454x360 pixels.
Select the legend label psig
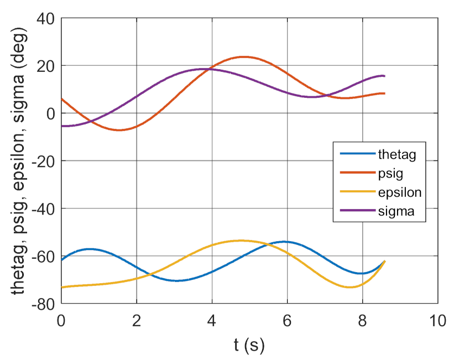pos(390,174)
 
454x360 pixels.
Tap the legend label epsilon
pos(399,194)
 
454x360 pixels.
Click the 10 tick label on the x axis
pos(438,321)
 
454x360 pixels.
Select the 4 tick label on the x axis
pos(212,321)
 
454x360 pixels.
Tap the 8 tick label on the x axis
pos(363,321)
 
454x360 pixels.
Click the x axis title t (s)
pos(249,346)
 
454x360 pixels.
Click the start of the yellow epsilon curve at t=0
pos(62,287)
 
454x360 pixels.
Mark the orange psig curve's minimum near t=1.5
pos(119,130)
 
